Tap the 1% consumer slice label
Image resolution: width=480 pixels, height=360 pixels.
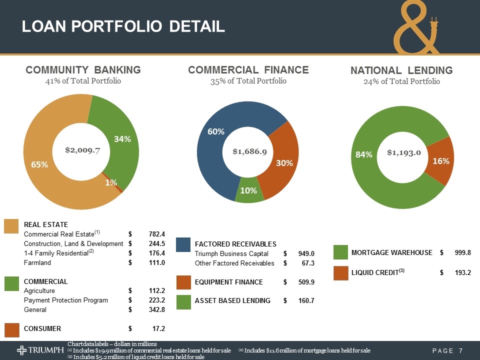point(111,183)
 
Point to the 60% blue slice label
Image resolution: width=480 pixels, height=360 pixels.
point(216,131)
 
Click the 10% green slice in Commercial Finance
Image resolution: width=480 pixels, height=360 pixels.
point(248,190)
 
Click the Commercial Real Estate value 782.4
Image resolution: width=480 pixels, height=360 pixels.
point(157,233)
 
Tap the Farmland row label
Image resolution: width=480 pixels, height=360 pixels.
point(37,262)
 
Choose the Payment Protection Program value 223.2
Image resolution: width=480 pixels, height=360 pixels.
point(157,300)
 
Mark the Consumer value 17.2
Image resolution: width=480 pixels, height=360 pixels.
point(159,328)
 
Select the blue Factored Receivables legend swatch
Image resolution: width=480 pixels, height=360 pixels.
point(183,244)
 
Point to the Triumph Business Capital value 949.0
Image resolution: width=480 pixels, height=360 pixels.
point(305,253)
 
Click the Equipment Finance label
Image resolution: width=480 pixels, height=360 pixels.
point(228,282)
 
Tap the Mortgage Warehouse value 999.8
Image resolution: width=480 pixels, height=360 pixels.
point(462,253)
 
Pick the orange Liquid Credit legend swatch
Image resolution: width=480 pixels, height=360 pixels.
point(341,272)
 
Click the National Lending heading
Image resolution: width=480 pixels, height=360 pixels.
point(401,70)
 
